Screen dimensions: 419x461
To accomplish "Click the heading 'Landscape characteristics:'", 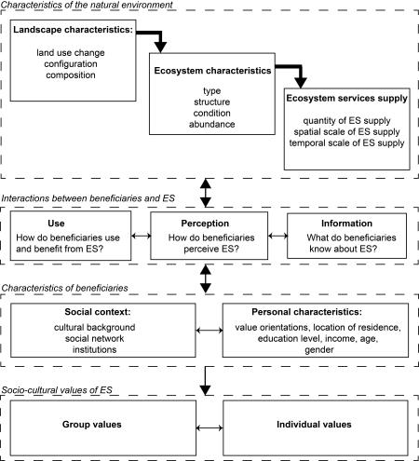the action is (73, 30).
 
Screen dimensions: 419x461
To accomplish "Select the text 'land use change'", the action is (71, 53).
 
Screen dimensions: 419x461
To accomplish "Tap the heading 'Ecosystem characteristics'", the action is (212, 71).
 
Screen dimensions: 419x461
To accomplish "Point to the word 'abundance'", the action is (212, 124).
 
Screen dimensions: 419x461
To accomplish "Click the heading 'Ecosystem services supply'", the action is (346, 99).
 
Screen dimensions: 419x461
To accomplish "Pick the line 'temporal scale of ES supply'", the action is (346, 142).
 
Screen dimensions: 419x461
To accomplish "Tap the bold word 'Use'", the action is (56, 224).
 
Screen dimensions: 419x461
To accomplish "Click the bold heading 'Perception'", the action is (205, 224).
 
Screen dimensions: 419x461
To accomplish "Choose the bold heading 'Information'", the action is (346, 224).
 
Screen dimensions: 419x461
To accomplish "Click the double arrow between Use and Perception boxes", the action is (141, 236).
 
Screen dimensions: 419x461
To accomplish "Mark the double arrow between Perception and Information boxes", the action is (277, 236).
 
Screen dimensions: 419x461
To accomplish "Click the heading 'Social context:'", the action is (98, 312).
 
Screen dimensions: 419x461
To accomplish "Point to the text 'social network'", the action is (94, 338).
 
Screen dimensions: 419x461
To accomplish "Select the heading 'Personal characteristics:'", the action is (306, 312).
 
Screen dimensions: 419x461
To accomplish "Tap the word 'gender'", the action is (319, 350).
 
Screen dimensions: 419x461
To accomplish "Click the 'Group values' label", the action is (92, 425).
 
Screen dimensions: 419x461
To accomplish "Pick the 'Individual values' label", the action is (314, 425).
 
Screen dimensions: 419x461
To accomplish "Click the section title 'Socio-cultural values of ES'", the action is (57, 390).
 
